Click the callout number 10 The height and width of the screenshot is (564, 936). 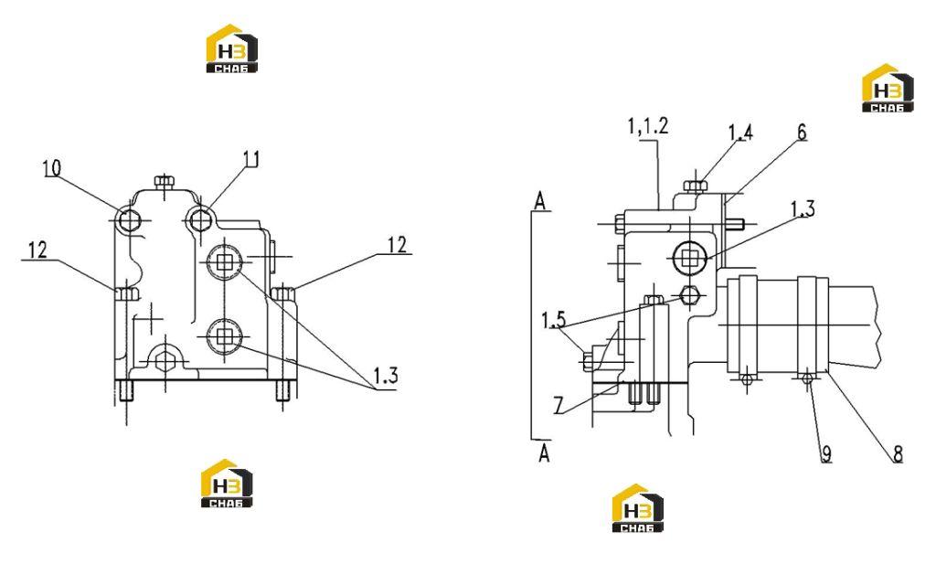click(x=52, y=168)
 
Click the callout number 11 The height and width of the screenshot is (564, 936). click(x=251, y=159)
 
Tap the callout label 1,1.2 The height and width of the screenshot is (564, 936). click(x=648, y=126)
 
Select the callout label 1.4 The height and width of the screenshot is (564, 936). click(x=740, y=133)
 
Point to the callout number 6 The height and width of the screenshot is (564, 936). click(x=802, y=132)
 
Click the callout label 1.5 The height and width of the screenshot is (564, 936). click(x=553, y=320)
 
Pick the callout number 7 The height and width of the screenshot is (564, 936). click(x=558, y=406)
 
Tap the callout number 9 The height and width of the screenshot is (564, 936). click(x=826, y=454)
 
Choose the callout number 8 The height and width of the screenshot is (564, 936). click(x=898, y=454)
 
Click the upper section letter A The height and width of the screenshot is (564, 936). click(x=540, y=201)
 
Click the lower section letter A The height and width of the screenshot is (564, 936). click(x=544, y=453)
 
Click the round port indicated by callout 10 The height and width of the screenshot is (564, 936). click(x=130, y=221)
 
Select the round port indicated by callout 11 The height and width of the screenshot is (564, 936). click(x=199, y=220)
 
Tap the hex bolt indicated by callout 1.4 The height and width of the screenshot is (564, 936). click(x=695, y=186)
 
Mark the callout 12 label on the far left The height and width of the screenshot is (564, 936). click(x=37, y=250)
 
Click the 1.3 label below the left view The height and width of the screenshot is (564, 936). click(x=386, y=376)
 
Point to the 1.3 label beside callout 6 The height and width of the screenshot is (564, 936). click(x=803, y=209)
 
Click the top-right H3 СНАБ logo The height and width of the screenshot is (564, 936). click(x=888, y=89)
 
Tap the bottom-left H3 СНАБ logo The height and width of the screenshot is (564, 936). click(x=227, y=484)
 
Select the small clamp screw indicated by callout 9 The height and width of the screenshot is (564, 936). click(x=808, y=378)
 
